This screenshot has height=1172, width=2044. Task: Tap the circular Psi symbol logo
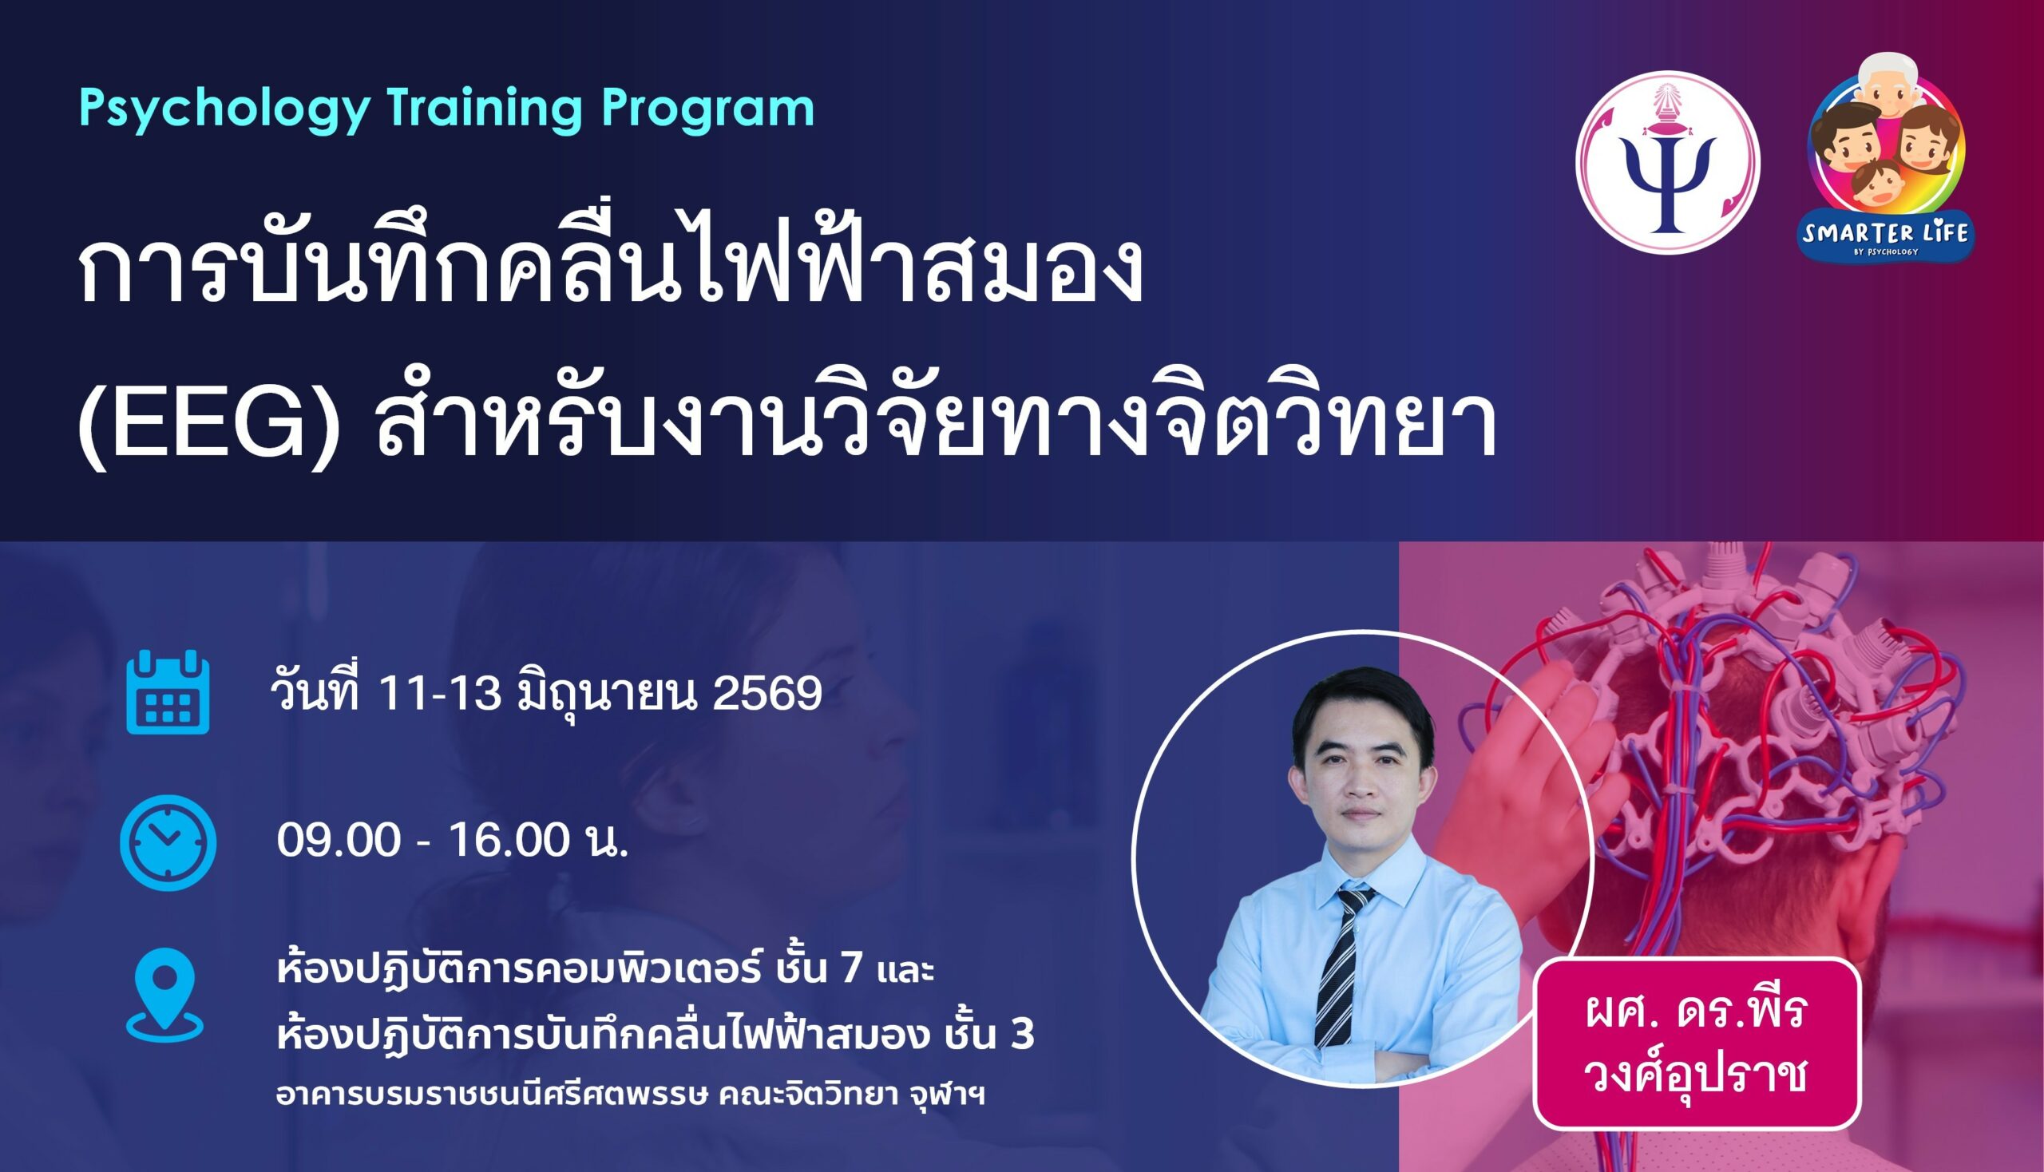(1668, 163)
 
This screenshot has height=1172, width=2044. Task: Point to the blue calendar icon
(168, 691)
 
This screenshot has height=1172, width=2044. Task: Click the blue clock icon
(168, 842)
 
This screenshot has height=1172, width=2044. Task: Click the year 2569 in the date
(767, 692)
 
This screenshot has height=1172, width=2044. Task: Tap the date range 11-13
(440, 692)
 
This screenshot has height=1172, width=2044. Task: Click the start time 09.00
(338, 841)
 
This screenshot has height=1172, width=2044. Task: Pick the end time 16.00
(509, 841)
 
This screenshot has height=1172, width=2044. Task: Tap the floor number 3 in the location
(1023, 1034)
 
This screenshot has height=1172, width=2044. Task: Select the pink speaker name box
(1697, 1043)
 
